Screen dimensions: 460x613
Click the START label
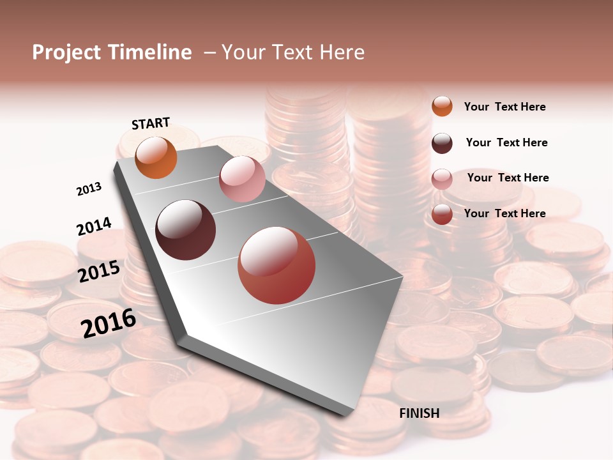pos(151,123)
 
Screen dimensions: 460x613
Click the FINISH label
pos(419,413)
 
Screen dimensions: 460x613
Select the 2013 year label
pos(89,189)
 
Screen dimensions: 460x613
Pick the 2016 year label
pos(109,323)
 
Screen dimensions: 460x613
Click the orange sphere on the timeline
pos(156,157)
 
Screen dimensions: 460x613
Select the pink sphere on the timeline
pos(242,179)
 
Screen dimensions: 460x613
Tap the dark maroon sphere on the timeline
pos(186,230)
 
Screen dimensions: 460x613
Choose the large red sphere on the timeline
pos(276,265)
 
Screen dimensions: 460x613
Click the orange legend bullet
pos(442,106)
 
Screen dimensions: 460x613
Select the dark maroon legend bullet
pos(442,142)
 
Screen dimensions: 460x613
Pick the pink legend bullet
pos(442,179)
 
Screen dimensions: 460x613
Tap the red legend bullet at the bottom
pos(442,214)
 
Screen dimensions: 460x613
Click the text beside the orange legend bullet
pos(504,107)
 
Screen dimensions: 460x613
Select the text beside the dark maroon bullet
pos(506,142)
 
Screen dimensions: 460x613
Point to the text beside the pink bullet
pos(508,178)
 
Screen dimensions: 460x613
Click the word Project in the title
pos(67,52)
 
